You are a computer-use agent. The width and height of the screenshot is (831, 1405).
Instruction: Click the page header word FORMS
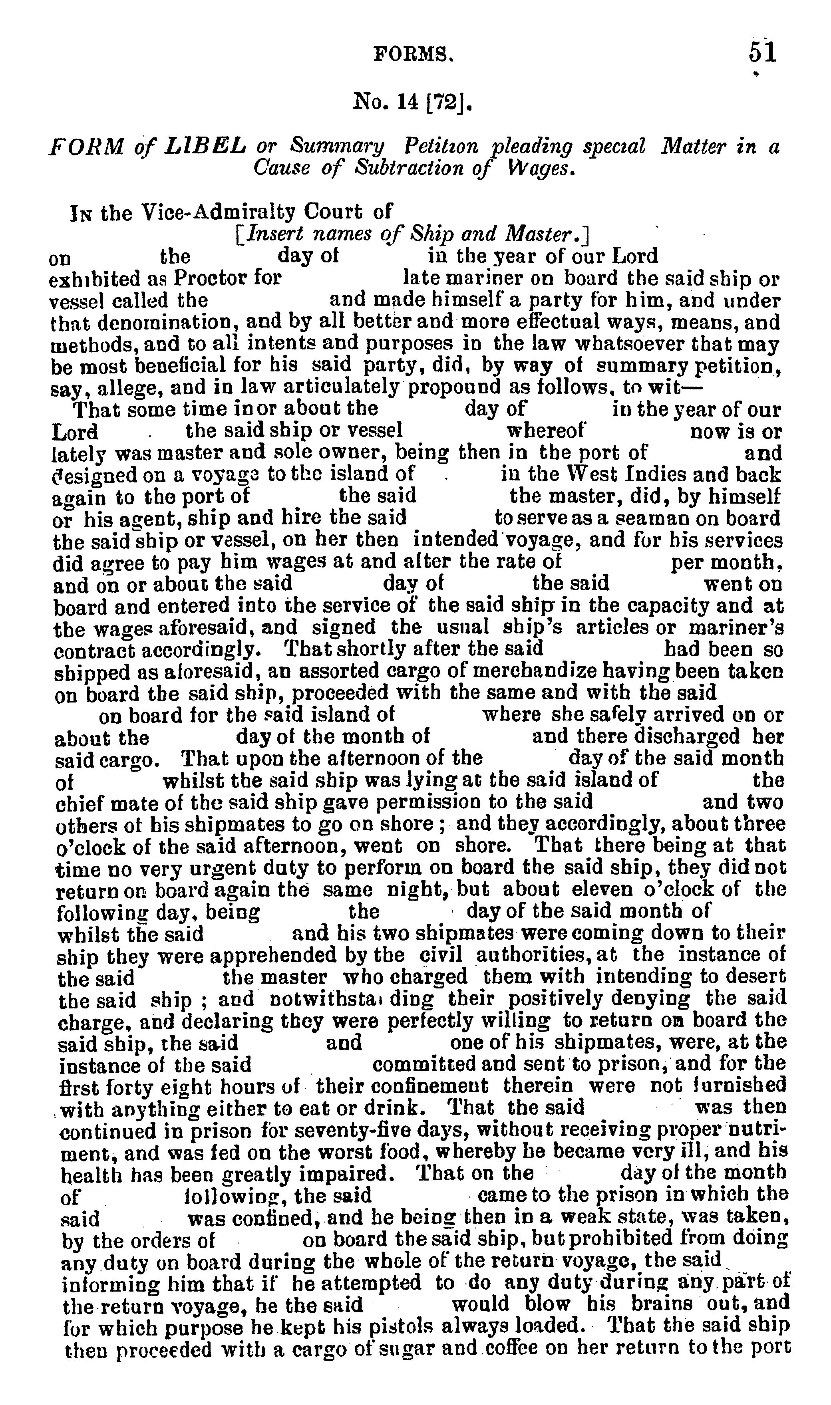click(x=413, y=54)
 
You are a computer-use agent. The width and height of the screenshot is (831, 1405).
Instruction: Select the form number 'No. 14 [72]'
click(x=413, y=102)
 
